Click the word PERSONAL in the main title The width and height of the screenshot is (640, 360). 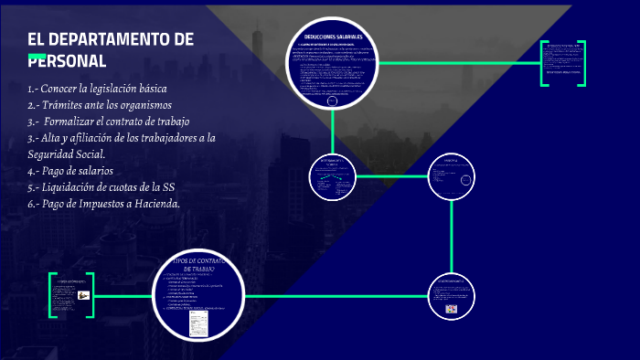pos(68,61)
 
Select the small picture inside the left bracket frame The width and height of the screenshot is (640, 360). pos(83,295)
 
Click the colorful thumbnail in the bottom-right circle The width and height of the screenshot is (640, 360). pos(451,310)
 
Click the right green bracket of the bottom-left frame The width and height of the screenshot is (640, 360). pos(91,296)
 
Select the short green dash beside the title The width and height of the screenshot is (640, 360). pos(37,58)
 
